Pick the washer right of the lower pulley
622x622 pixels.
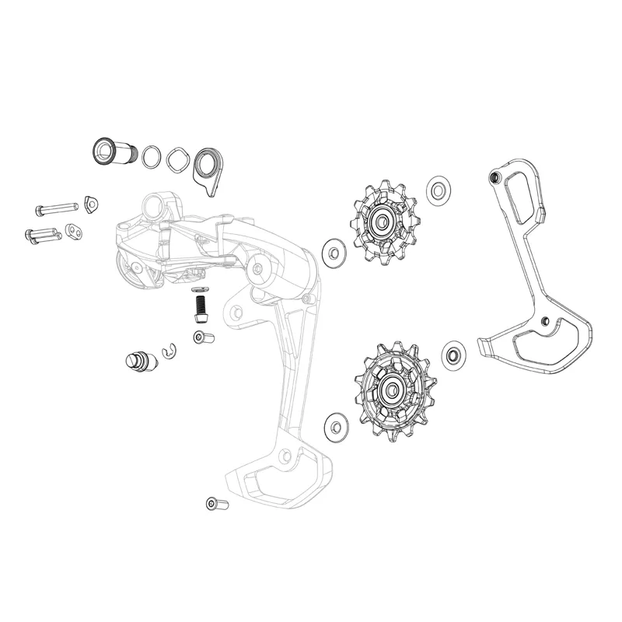click(453, 355)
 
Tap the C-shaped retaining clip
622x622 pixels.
click(169, 353)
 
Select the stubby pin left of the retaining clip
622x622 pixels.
click(138, 361)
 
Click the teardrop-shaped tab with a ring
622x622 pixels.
click(207, 168)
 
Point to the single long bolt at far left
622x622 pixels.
click(55, 208)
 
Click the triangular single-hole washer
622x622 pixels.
click(92, 204)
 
